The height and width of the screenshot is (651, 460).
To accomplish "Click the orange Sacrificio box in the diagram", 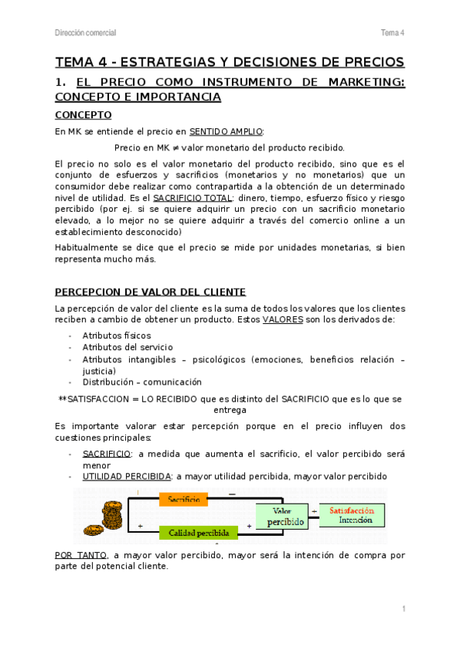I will point(183,499).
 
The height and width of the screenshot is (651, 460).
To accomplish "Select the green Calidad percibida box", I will point(195,532).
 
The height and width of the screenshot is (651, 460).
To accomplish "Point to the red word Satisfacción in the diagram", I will point(352,510).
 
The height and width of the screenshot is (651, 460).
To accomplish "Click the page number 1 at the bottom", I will point(403,609).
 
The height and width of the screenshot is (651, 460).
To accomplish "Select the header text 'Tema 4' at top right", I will point(392,32).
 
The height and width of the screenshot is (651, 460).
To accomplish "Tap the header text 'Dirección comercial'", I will point(86,32).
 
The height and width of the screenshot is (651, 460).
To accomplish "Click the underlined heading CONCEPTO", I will point(84,115).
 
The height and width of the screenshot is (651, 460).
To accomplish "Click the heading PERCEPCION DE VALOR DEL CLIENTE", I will point(151,292).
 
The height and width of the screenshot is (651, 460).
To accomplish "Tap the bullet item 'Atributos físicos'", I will point(117,335).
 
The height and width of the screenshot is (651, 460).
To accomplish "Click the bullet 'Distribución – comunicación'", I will point(142,382).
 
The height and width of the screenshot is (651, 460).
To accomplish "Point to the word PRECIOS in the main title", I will point(366,61).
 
